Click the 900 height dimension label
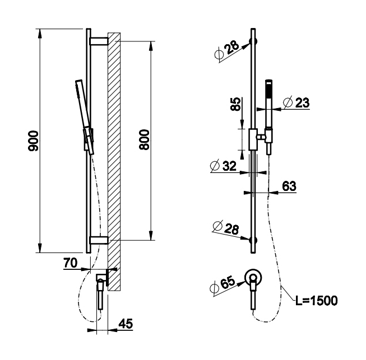pos(33,141)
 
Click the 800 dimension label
pos(144,139)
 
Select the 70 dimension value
pos(70,263)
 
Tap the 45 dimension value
pos(126,324)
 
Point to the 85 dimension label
pos(235,104)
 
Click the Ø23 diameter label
pos(296,102)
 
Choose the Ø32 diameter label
pos(224,166)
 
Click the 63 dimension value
pos(289,186)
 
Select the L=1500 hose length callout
pos(317,301)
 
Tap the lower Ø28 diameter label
pos(226,228)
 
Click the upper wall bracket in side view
pos(99,41)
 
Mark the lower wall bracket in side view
pos(99,240)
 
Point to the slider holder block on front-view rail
pos(253,139)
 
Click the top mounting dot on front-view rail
pos(253,41)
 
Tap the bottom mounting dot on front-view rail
pos(253,240)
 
